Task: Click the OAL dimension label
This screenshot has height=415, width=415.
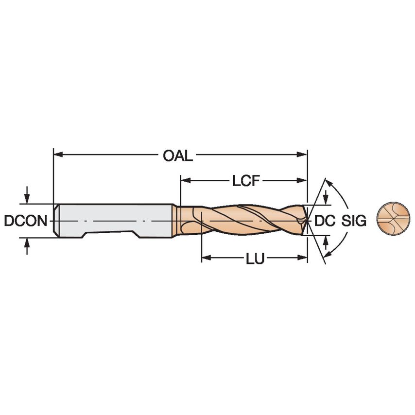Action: pos(178,156)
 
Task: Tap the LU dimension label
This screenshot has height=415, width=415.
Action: pos(255,259)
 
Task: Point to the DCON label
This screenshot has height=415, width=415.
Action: pos(25,221)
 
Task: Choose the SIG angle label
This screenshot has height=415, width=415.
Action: pos(353,221)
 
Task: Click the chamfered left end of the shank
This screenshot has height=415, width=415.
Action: pos(55,221)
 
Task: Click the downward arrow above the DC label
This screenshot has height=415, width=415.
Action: pos(326,199)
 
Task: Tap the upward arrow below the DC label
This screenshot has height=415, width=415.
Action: pos(326,242)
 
